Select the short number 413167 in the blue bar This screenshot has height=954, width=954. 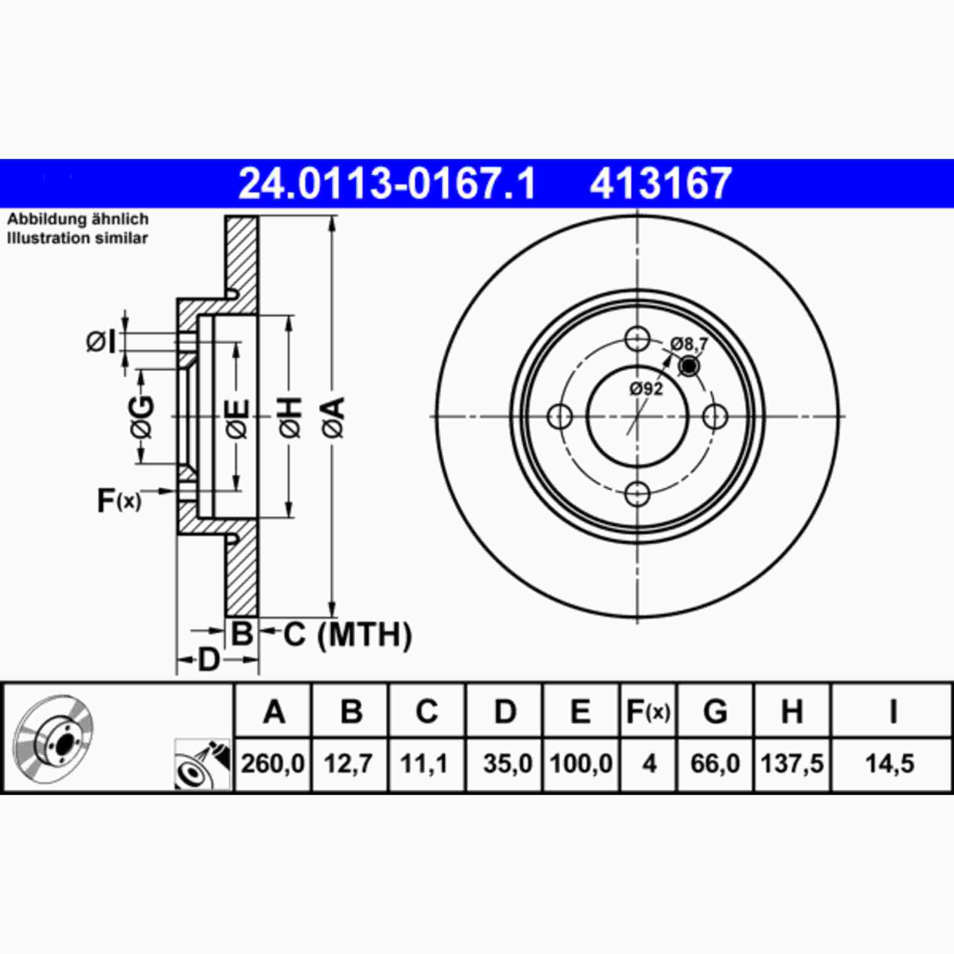coord(660,184)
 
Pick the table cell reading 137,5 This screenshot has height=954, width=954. coord(792,764)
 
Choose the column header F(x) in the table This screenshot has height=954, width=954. coord(648,712)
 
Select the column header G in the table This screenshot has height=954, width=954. coord(715,712)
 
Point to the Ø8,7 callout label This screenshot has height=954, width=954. coord(689,343)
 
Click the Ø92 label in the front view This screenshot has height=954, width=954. coord(646,390)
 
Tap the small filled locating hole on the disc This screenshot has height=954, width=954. coord(688,366)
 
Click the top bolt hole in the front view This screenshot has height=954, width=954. coord(637,339)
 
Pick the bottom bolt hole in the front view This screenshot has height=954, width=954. coord(637,494)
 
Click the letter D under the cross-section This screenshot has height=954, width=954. coord(208,660)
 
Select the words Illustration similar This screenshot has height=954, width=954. coord(77,238)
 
